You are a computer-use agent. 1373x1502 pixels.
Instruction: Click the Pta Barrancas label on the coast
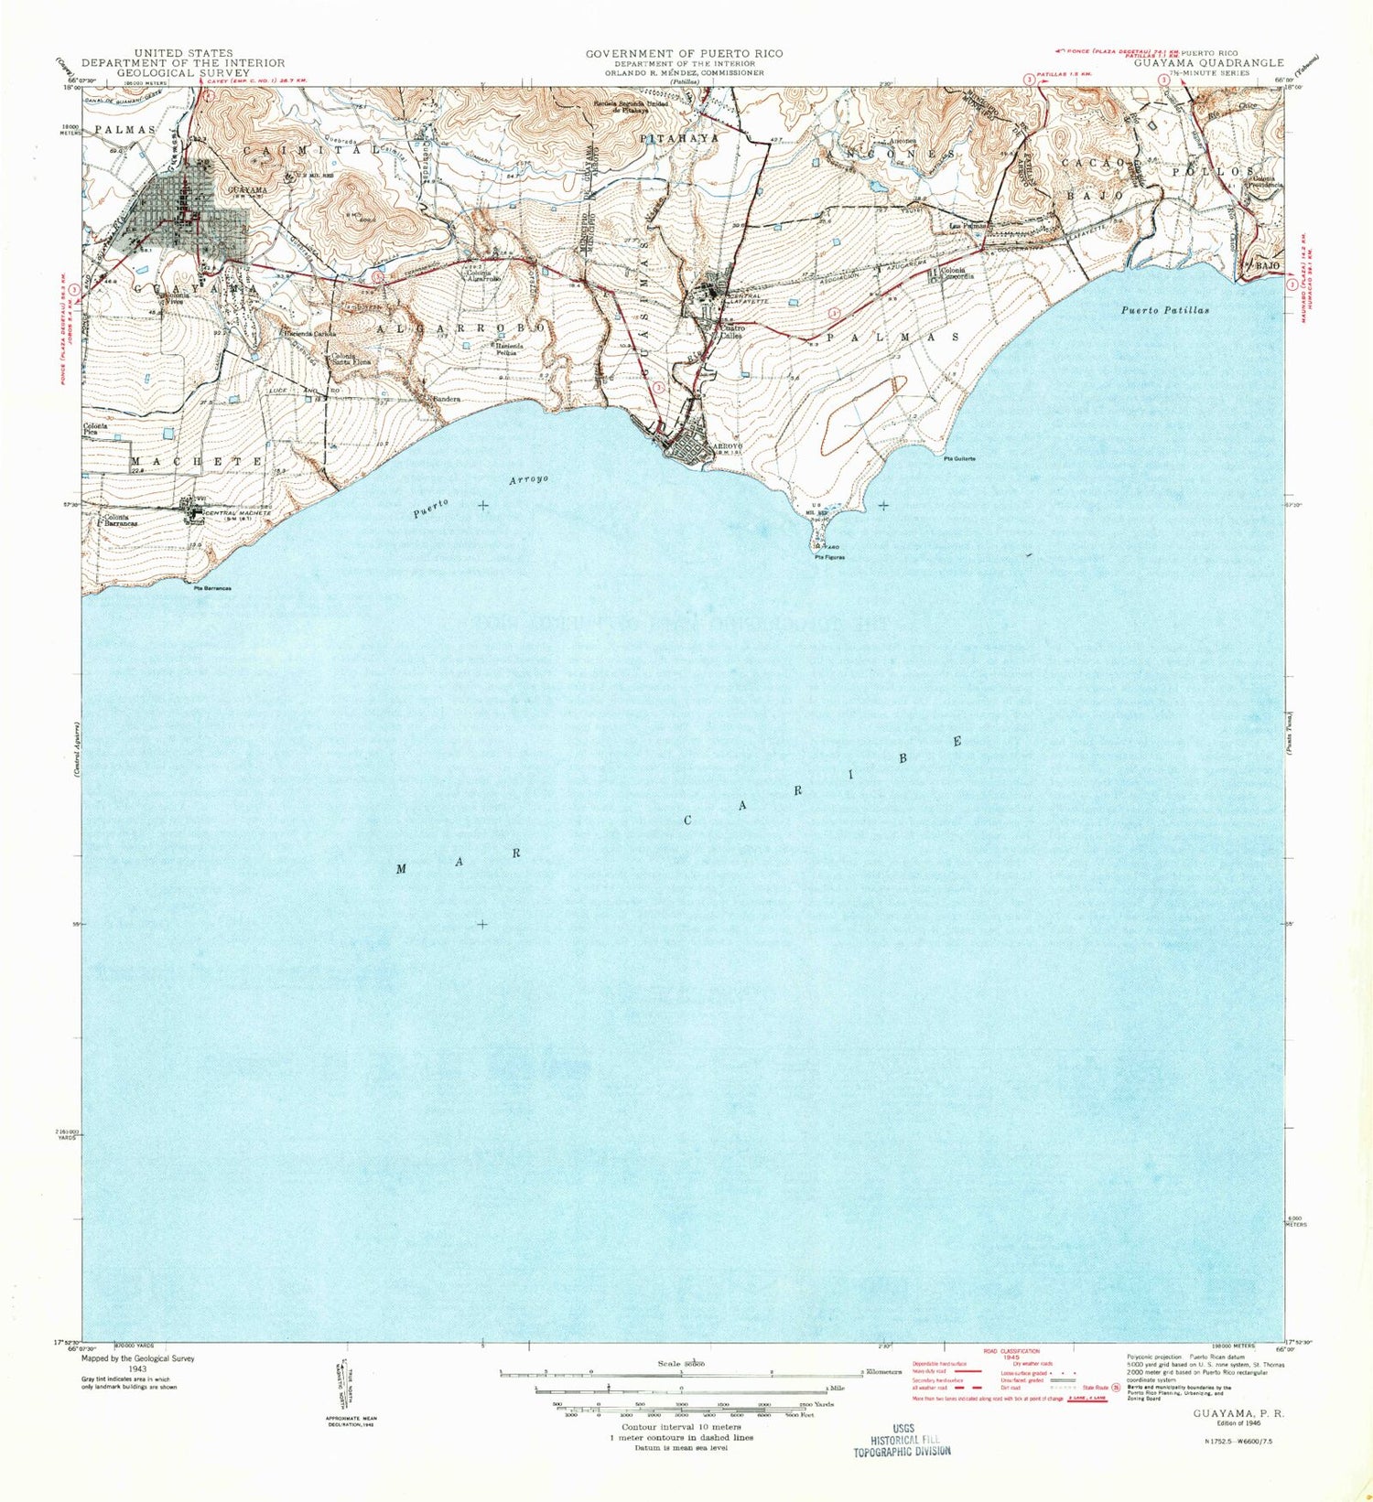point(212,588)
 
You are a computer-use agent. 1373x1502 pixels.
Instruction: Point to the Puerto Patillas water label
point(1164,310)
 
